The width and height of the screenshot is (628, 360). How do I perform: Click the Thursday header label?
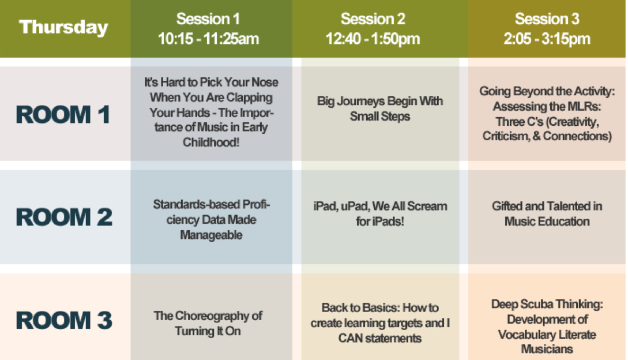(x=63, y=27)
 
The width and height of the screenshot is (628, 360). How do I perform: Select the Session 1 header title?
(x=208, y=19)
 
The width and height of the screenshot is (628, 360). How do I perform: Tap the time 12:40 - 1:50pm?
(x=373, y=39)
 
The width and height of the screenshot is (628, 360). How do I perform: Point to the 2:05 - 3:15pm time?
(x=547, y=39)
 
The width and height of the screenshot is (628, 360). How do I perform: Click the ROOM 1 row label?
(x=63, y=115)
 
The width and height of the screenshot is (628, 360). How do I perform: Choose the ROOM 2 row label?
(x=64, y=217)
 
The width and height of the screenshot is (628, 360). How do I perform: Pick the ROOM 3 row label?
(x=64, y=320)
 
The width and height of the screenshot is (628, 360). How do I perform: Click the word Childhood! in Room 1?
(x=211, y=142)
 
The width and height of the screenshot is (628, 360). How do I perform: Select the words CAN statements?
(x=379, y=338)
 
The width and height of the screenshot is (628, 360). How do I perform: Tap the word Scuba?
(x=537, y=304)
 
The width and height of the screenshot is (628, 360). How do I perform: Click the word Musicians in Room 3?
(x=547, y=349)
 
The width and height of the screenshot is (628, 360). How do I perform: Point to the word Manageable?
(x=211, y=235)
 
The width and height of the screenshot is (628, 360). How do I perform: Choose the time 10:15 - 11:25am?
(x=208, y=39)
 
